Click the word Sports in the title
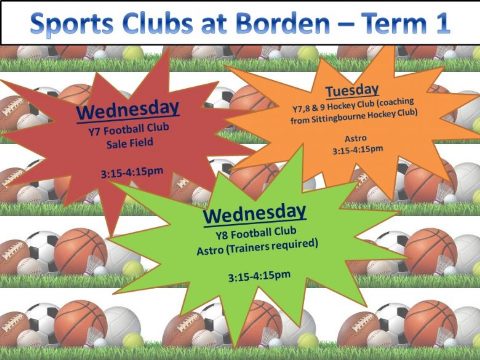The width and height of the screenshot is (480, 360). point(72,24)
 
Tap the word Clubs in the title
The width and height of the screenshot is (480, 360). point(158,22)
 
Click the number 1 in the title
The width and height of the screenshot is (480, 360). point(442,23)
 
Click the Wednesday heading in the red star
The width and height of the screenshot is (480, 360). point(127,110)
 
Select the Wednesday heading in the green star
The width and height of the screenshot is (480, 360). point(254,213)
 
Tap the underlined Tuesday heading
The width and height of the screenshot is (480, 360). point(352,90)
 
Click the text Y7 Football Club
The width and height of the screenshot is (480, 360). point(129,129)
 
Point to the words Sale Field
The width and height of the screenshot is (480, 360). point(129,143)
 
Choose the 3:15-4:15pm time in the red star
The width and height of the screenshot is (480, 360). point(132,172)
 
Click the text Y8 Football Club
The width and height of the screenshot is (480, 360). point(255,233)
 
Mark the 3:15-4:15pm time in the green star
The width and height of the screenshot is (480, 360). point(259,276)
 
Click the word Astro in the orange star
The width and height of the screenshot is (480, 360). point(356,138)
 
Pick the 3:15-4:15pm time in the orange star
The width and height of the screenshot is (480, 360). point(358,150)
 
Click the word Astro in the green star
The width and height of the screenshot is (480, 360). point(210,250)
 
